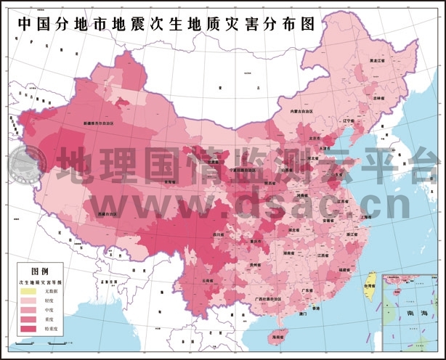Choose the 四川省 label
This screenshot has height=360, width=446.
tap(219, 234)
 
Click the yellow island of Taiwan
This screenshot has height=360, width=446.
tap(368, 282)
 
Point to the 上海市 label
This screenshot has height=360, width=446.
tap(367, 216)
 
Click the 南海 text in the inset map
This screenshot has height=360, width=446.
tap(418, 313)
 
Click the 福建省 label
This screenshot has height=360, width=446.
tap(344, 269)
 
